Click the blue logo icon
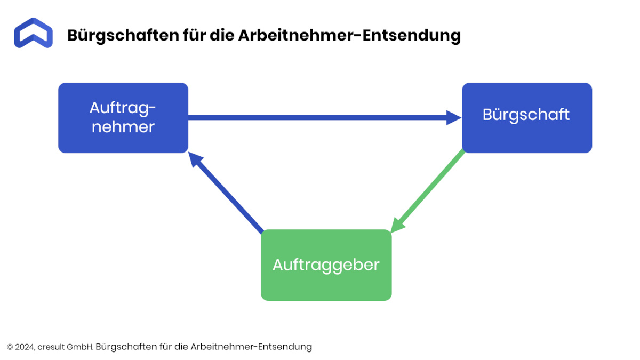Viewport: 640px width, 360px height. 34,33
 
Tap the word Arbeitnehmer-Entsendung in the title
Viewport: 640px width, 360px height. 349,35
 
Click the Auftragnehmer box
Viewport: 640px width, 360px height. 123,118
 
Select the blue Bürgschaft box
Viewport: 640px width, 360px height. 527,118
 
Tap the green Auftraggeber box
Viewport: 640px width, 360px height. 326,265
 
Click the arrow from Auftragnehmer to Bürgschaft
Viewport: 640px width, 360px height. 325,118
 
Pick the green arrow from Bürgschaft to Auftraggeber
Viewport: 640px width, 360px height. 427,191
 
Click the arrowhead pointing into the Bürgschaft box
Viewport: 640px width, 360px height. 454,118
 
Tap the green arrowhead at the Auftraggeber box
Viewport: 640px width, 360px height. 397,226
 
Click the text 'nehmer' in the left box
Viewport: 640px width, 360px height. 123,127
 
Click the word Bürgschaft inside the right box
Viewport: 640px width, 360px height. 526,115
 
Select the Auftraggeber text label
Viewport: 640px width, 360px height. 326,266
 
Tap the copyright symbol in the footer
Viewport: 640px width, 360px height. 10,347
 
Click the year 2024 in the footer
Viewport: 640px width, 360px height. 25,347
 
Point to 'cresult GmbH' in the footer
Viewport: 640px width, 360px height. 66,347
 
